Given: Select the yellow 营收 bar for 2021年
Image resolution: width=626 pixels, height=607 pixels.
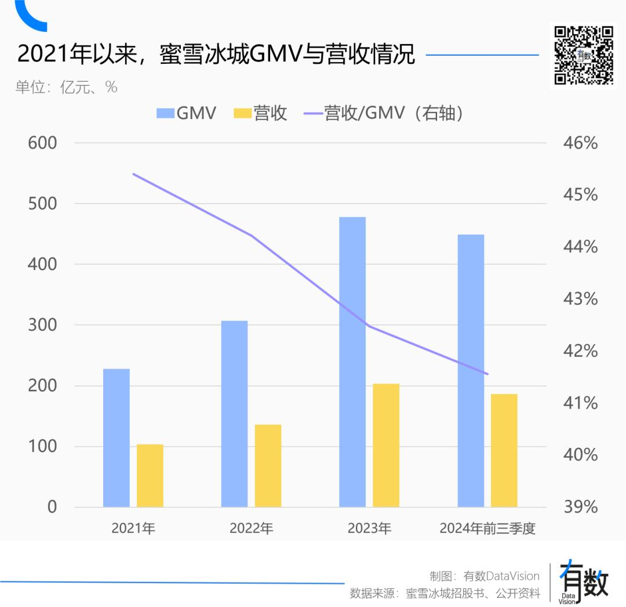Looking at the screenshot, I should point(150,476).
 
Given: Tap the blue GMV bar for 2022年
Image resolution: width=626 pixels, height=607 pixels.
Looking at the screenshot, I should point(234,414).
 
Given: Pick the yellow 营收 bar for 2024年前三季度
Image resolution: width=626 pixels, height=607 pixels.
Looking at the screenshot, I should point(504,450).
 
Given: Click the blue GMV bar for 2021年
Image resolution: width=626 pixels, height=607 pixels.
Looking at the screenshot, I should point(117,438).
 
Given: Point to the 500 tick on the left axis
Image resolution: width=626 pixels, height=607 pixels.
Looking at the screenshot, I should point(43,204).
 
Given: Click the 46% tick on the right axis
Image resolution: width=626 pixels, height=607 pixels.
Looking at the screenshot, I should point(580,143).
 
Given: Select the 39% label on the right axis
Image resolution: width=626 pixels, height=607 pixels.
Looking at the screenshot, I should point(580,507).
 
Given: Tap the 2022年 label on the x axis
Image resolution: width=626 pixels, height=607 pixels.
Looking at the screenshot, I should point(252,529).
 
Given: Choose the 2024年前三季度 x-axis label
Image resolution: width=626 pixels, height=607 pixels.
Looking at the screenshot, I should point(487,529).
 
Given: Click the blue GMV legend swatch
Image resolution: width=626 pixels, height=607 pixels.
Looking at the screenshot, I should point(165,113).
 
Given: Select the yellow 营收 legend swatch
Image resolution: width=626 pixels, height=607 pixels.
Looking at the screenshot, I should point(243,113).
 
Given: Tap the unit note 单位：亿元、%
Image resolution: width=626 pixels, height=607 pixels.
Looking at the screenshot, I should point(67,87).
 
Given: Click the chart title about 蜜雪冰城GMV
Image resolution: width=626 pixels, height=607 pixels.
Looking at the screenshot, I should point(216,55).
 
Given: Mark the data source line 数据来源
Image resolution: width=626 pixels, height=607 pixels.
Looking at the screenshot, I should point(445,593).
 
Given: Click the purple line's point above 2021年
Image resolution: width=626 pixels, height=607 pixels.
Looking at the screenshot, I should point(133,174).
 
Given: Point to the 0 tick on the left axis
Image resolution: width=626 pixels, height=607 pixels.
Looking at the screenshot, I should point(52,507).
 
